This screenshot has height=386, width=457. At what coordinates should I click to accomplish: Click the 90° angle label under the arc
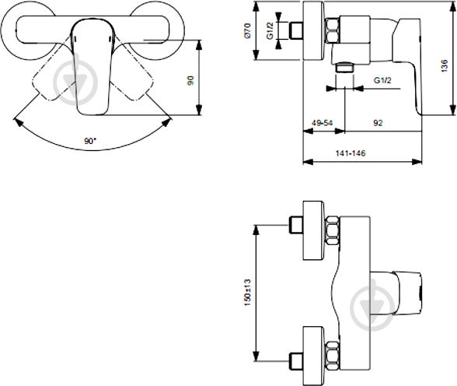coord(91,141)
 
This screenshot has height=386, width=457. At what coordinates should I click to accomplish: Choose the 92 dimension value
coord(376,123)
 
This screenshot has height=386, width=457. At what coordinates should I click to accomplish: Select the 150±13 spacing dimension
coord(248,292)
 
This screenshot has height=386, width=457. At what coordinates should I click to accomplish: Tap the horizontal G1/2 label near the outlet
coord(382,81)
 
